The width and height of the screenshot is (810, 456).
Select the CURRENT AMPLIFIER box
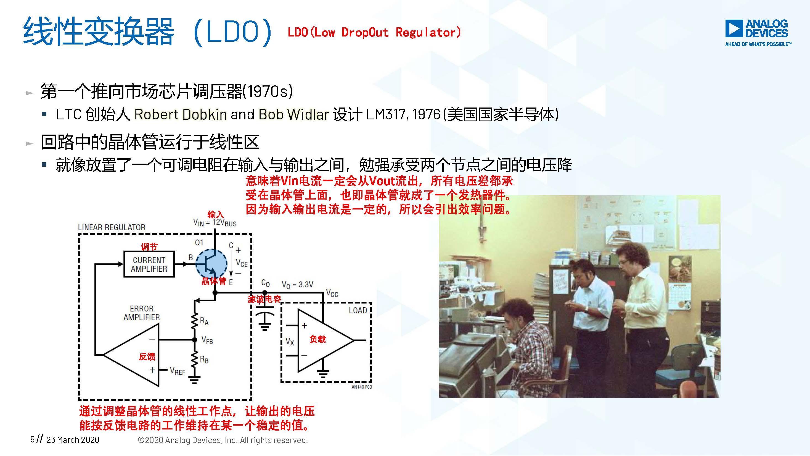point(149,264)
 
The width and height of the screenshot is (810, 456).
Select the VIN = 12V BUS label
point(215,222)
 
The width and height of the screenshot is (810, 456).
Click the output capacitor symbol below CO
point(264,318)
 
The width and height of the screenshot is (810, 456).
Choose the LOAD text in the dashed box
point(358,310)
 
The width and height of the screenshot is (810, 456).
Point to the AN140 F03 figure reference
point(361,387)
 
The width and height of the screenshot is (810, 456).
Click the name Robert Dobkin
point(181,114)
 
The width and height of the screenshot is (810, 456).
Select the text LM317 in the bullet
point(387,114)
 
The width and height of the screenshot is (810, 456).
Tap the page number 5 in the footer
point(32,439)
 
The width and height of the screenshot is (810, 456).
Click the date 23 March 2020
point(73,440)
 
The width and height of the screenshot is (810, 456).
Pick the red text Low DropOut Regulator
point(374,32)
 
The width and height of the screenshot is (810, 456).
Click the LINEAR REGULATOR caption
point(112,227)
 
